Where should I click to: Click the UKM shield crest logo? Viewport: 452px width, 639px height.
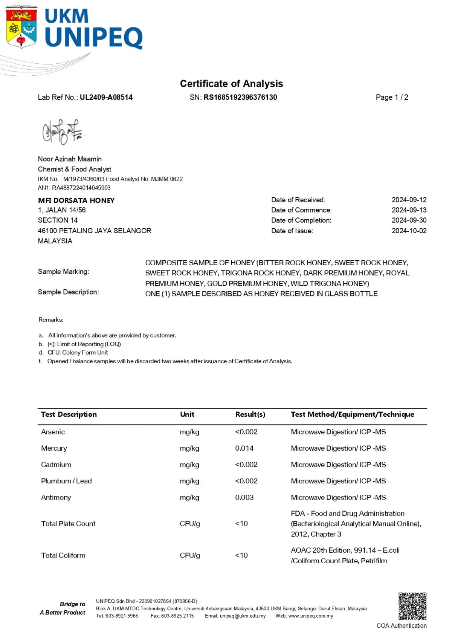point(21,27)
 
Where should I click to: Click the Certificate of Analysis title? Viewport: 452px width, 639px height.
point(231,84)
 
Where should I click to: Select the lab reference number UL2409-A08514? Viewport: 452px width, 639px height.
point(106,97)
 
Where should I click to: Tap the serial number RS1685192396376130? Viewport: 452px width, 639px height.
point(240,97)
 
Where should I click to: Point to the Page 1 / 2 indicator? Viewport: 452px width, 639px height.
point(392,97)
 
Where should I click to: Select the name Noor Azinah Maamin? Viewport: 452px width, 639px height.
point(70,159)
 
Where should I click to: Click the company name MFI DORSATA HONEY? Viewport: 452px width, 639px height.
point(76,200)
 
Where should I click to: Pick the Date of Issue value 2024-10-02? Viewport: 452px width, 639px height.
point(409,231)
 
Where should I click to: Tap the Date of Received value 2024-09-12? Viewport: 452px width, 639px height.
point(409,200)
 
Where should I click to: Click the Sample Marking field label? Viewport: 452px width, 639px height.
point(63,272)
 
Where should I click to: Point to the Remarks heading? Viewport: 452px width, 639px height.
point(51,319)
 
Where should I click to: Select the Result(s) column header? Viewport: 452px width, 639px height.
point(250,414)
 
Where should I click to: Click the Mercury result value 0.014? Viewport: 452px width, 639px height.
point(244,448)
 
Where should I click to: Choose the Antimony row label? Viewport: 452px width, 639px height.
point(56,497)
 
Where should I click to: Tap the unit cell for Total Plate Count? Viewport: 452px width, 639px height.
point(190,524)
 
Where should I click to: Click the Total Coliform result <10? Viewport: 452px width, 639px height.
point(241,555)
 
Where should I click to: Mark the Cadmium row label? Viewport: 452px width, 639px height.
point(56,465)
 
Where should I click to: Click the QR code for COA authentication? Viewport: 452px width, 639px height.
point(412,606)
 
